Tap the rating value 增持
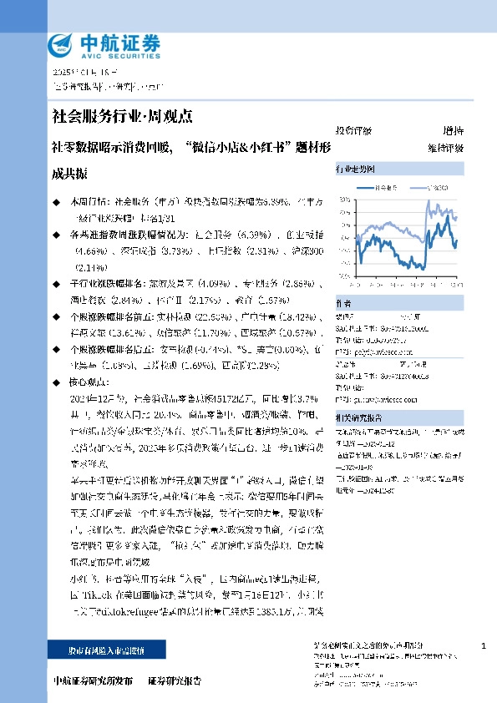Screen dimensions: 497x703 pyautogui.click(x=453, y=132)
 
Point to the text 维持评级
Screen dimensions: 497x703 pyautogui.click(x=445, y=148)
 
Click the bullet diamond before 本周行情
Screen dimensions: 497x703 pyautogui.click(x=56, y=201)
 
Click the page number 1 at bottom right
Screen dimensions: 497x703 pyautogui.click(x=484, y=647)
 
